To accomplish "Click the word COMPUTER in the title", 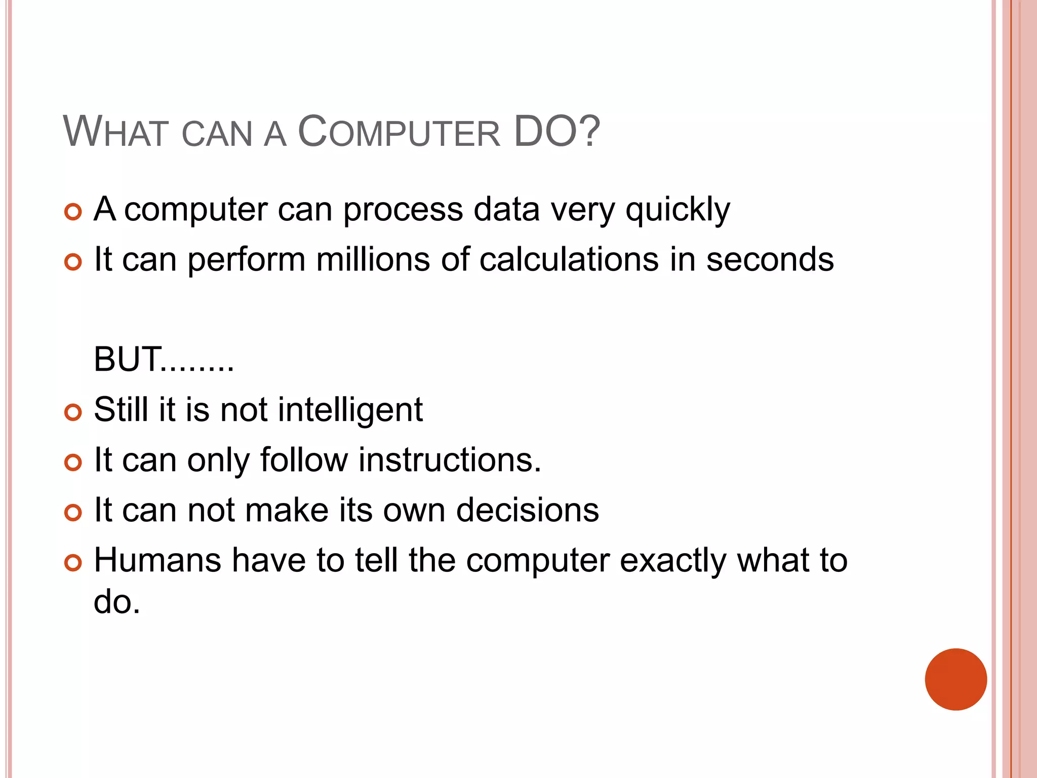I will pyautogui.click(x=399, y=133).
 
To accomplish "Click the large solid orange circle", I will pyautogui.click(x=955, y=679).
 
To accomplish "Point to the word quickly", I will pyautogui.click(x=677, y=210).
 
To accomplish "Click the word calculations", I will pyautogui.click(x=569, y=259).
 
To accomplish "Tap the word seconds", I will pyautogui.click(x=770, y=259).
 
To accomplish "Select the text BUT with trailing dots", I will pyautogui.click(x=164, y=360).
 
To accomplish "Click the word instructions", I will pyautogui.click(x=450, y=460).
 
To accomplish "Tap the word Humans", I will pyautogui.click(x=157, y=560).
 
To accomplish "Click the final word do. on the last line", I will pyautogui.click(x=117, y=602).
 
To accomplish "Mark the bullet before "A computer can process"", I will pyautogui.click(x=73, y=212).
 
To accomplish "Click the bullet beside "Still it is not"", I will pyautogui.click(x=73, y=412).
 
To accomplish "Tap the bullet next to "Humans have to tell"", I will pyautogui.click(x=73, y=563).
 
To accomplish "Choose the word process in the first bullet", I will pyautogui.click(x=403, y=210).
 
